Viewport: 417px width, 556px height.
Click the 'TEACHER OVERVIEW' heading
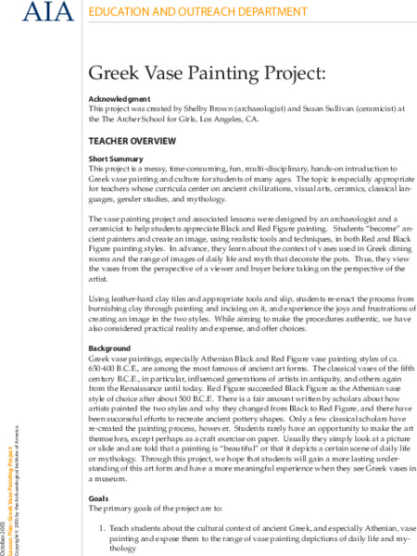click(x=131, y=142)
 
